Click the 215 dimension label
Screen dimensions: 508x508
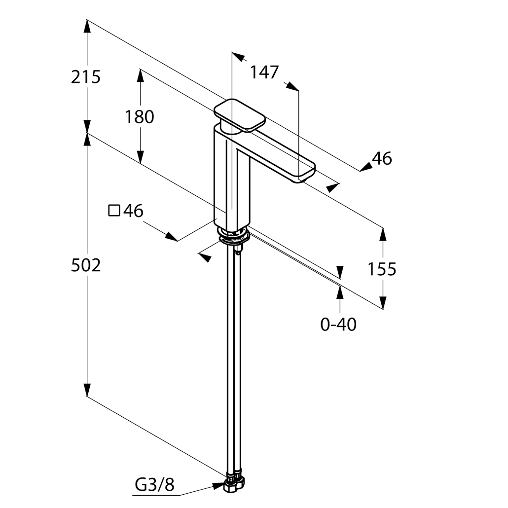pos(86,77)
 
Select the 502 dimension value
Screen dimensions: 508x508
pos(86,265)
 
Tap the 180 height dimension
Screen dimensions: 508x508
pos(140,117)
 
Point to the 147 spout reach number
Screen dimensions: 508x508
pos(264,72)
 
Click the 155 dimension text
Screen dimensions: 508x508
pos(382,269)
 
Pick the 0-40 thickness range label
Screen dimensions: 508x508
pos(338,325)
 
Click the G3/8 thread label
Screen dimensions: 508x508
pos(154,485)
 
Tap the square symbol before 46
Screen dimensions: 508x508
pos(114,211)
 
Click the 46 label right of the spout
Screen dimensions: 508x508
pos(382,158)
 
